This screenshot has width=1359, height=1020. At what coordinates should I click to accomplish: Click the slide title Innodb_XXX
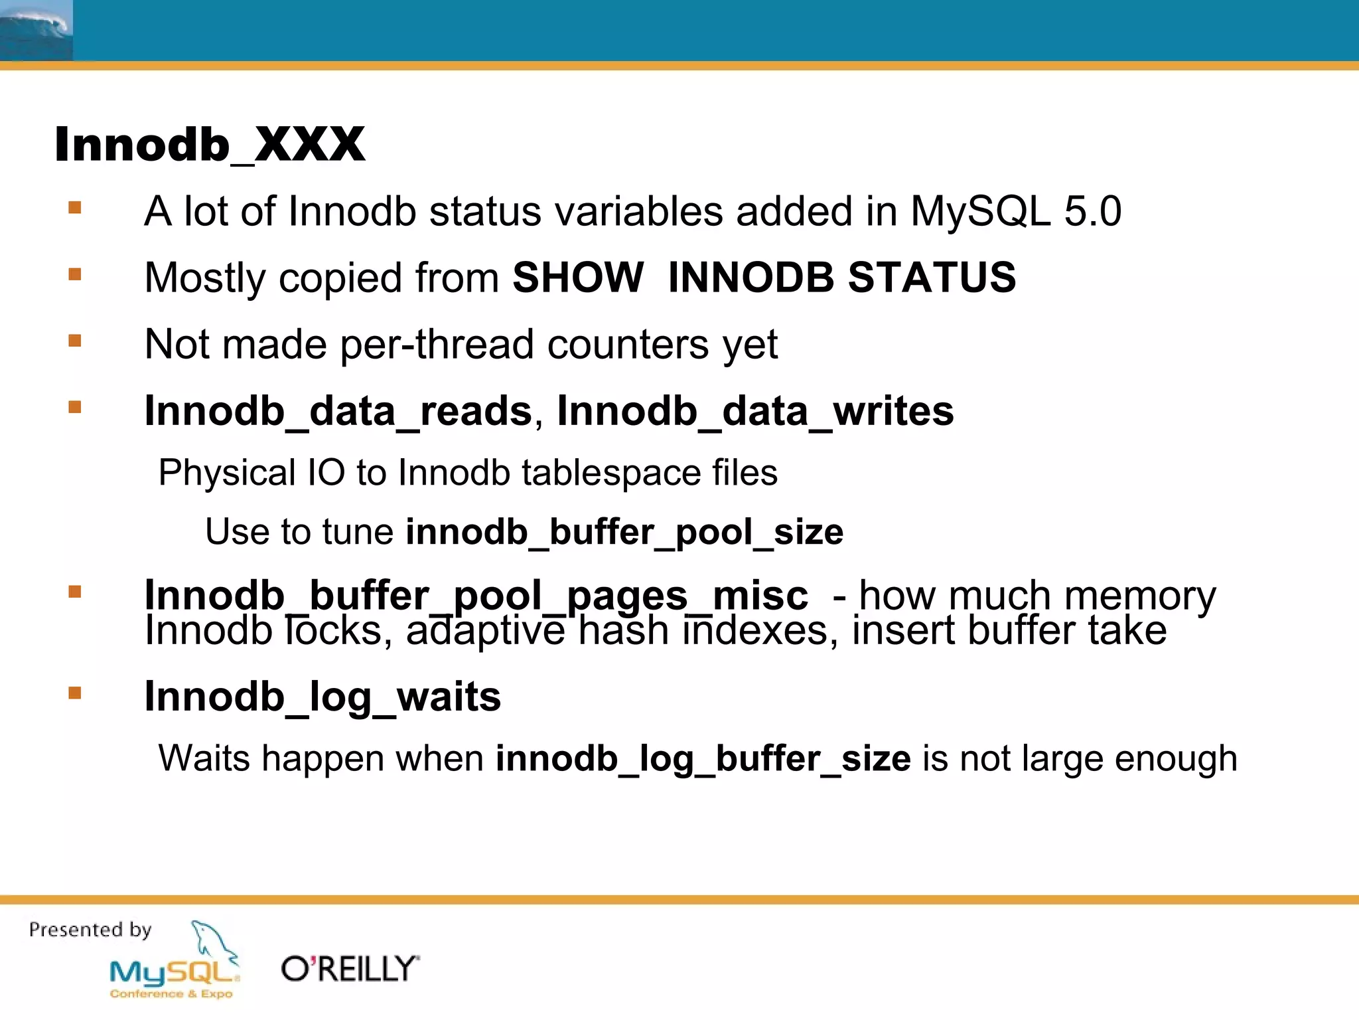click(x=210, y=144)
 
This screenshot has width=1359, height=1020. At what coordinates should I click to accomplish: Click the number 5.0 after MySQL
click(x=1092, y=212)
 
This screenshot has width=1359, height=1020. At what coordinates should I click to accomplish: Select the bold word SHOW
click(x=577, y=278)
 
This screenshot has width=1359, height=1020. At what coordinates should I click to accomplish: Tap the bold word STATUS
click(x=932, y=278)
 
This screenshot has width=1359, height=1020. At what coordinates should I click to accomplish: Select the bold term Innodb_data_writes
click(x=755, y=411)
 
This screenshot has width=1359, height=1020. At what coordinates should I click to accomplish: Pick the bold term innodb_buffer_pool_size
click(x=624, y=532)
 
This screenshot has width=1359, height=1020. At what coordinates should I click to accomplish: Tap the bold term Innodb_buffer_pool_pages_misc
click(x=476, y=595)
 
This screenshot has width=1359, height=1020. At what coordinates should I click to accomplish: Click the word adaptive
click(x=485, y=631)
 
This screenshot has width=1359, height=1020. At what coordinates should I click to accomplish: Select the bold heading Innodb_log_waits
click(x=322, y=697)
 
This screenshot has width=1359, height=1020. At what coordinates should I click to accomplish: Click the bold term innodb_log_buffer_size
click(x=703, y=758)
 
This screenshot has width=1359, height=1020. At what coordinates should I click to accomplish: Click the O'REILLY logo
click(x=350, y=970)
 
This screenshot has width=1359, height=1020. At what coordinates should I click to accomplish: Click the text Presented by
click(x=90, y=929)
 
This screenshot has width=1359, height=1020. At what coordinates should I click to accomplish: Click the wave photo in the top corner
click(x=36, y=31)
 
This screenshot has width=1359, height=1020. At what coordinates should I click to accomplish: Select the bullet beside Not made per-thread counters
click(x=75, y=341)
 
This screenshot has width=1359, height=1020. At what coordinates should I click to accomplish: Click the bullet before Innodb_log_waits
click(x=75, y=693)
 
